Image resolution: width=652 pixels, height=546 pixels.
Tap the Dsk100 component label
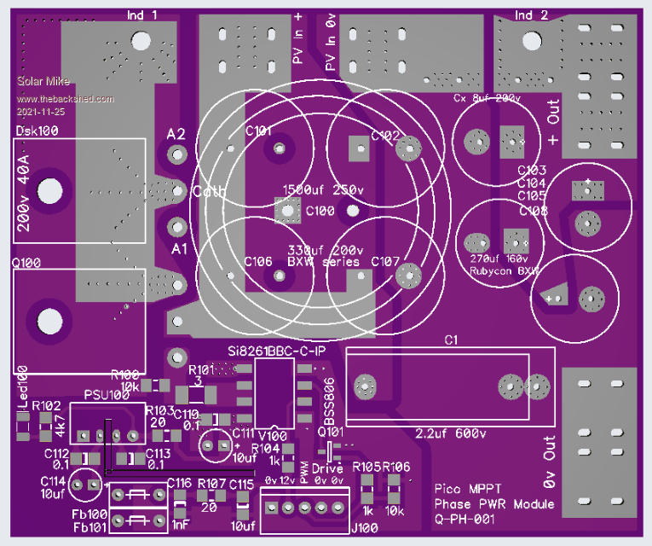pyautogui.click(x=38, y=131)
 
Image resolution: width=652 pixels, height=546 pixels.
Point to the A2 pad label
pyautogui.click(x=176, y=135)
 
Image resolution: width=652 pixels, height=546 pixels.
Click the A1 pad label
pyautogui.click(x=177, y=248)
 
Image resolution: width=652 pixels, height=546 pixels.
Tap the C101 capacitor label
pyautogui.click(x=258, y=131)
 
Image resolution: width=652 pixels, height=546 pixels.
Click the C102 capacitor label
pyautogui.click(x=385, y=136)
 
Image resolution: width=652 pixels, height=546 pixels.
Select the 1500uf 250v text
pyautogui.click(x=319, y=189)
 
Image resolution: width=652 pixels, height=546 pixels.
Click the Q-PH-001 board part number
pyautogui.click(x=467, y=518)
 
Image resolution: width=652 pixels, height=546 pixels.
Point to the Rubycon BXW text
pyautogui.click(x=505, y=270)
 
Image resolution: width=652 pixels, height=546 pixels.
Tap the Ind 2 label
pyautogui.click(x=535, y=15)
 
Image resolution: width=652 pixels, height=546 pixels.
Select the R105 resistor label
pyautogui.click(x=366, y=467)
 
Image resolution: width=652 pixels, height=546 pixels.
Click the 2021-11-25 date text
pyautogui.click(x=40, y=112)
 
